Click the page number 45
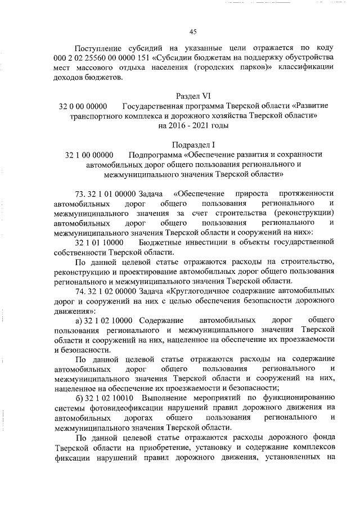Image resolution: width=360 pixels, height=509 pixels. point(192,31)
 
